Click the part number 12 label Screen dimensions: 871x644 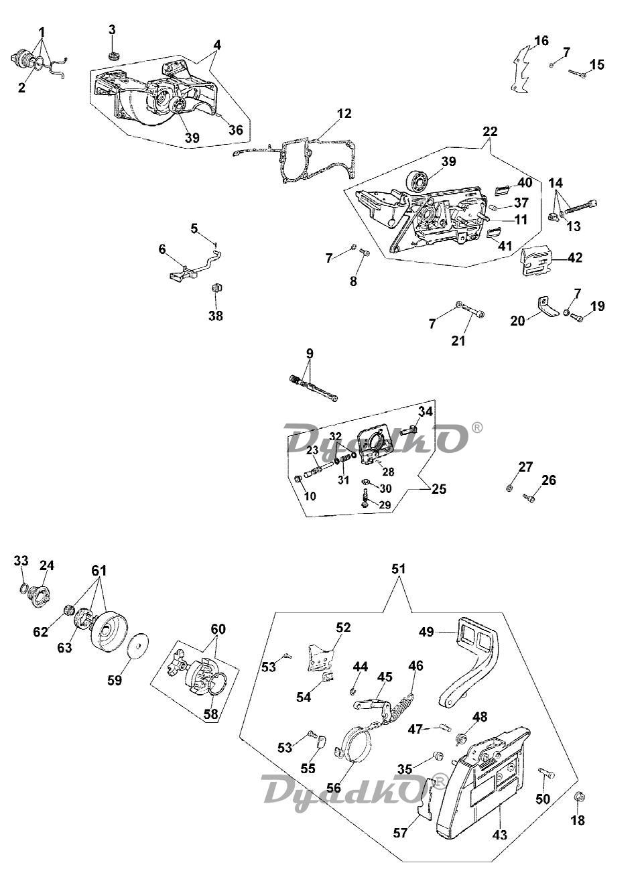click(x=344, y=114)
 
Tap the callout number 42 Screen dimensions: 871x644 click(x=575, y=257)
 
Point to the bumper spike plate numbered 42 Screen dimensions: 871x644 click(x=537, y=260)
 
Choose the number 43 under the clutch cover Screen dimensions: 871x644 click(x=499, y=835)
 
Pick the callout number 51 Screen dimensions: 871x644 click(x=399, y=568)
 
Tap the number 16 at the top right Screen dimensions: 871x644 click(x=541, y=41)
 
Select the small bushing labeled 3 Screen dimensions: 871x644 click(x=113, y=54)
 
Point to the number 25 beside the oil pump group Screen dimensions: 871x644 click(x=438, y=489)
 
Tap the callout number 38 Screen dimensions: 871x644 click(x=215, y=316)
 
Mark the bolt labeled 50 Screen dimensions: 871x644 click(x=545, y=775)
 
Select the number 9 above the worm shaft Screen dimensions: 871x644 click(x=310, y=353)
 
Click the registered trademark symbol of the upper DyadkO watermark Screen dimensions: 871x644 click(x=476, y=427)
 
